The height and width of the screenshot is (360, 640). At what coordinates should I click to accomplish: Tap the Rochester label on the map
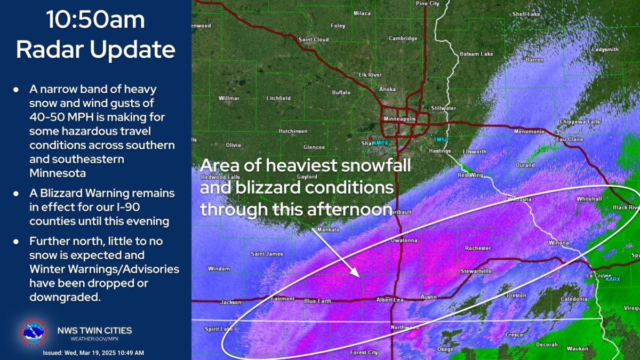(477, 248)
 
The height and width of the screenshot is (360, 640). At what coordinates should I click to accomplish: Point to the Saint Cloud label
(313, 39)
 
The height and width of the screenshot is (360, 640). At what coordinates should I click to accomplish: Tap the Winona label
(559, 243)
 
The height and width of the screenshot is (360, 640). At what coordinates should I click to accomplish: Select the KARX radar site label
(612, 278)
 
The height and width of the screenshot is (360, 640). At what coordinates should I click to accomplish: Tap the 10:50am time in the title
(95, 20)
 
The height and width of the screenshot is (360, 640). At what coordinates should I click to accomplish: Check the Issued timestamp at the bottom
(93, 353)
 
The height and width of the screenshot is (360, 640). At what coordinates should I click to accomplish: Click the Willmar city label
(229, 98)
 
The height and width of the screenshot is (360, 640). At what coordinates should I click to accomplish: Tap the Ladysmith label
(605, 50)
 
